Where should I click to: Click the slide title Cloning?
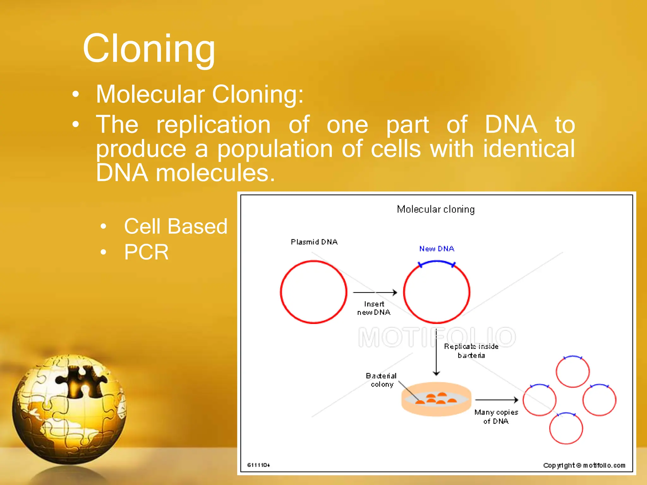coord(149,49)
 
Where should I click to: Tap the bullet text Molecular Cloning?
coord(200,94)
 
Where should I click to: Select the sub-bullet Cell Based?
coord(175,226)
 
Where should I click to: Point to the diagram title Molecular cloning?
coord(436,209)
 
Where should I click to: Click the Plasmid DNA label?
coord(314,242)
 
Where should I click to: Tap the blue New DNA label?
coord(437,249)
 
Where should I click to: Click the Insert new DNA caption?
coord(374,308)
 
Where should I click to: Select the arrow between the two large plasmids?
coord(375,292)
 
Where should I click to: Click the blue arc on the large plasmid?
coord(437,261)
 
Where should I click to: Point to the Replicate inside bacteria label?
coord(471,351)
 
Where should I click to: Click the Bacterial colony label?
coord(381,380)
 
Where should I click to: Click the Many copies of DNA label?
coord(496,416)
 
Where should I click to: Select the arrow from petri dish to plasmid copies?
coord(496,400)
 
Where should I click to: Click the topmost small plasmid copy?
coord(572,371)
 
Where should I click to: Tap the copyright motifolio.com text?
coord(584,465)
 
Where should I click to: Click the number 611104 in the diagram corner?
coord(258,465)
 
